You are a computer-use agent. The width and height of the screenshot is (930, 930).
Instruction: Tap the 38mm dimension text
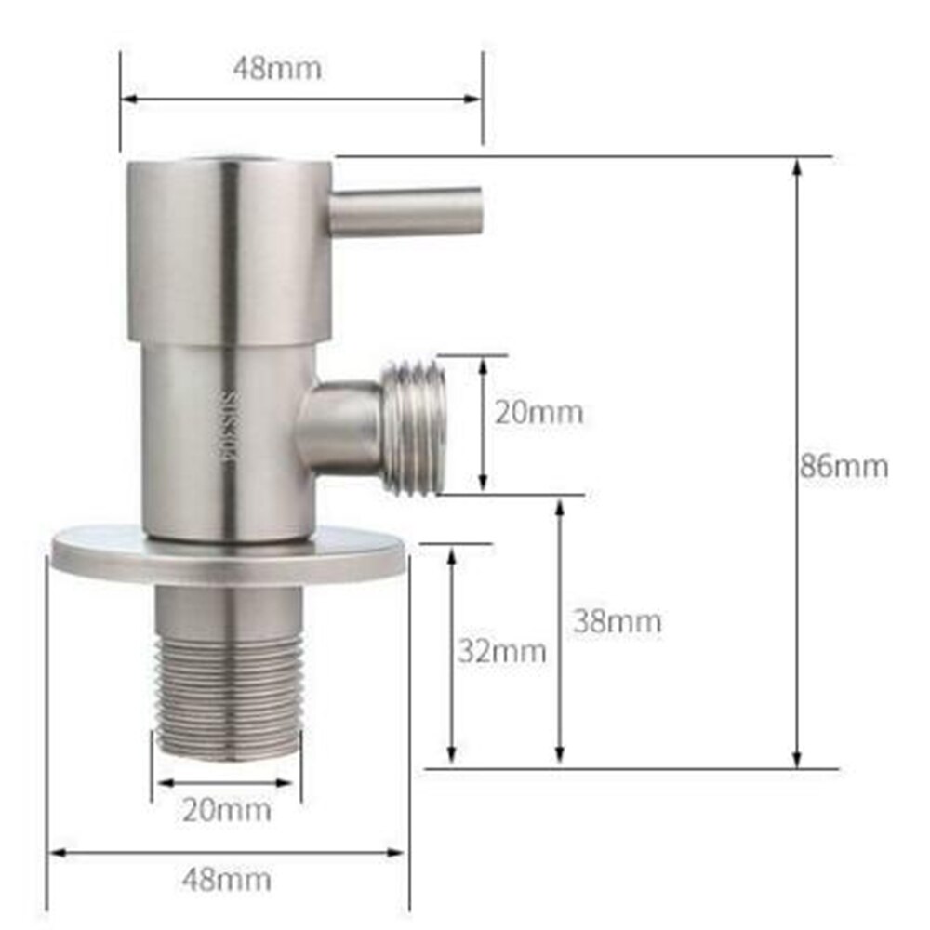click(x=617, y=620)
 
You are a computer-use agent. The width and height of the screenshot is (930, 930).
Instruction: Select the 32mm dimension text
click(x=501, y=651)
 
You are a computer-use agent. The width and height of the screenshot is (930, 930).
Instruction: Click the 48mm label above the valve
click(x=279, y=68)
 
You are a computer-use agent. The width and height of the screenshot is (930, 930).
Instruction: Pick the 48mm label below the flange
click(x=226, y=878)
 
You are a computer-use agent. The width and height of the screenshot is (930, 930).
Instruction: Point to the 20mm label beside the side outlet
click(x=538, y=411)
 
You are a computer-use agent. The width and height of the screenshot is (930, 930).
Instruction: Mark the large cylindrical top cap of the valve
click(x=228, y=249)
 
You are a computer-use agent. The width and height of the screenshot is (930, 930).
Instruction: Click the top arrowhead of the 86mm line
click(x=797, y=166)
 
